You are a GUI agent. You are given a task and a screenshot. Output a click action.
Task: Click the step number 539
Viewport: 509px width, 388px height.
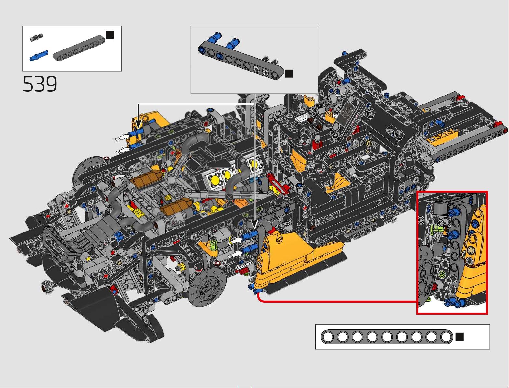(x=40, y=84)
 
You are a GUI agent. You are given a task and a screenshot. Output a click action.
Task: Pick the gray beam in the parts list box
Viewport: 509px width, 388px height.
(x=79, y=48)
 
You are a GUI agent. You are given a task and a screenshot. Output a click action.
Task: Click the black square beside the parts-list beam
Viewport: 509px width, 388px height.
(x=110, y=35)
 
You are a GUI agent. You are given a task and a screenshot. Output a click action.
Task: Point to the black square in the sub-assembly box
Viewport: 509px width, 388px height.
(x=289, y=74)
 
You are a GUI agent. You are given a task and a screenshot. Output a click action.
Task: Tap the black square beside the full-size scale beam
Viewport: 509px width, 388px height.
(x=460, y=337)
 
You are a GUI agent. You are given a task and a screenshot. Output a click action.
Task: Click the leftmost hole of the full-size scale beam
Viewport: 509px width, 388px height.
(x=328, y=337)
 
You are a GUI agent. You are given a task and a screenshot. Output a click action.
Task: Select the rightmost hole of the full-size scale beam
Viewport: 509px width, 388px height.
(x=446, y=337)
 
